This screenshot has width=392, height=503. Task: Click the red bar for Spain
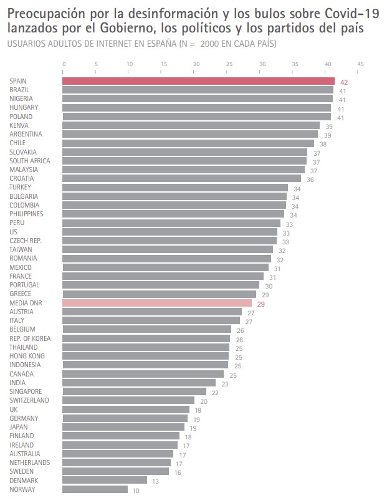click(x=198, y=81)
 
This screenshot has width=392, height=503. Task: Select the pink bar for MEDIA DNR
click(x=157, y=303)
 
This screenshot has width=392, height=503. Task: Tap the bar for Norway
click(x=95, y=489)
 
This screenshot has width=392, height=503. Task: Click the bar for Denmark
click(x=105, y=481)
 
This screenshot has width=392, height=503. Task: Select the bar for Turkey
click(x=174, y=188)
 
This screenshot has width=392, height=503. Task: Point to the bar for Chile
click(x=188, y=143)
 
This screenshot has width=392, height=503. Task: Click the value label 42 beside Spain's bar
click(x=343, y=82)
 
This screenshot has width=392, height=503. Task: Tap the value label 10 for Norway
click(x=136, y=491)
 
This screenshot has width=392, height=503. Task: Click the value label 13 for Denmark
click(x=155, y=481)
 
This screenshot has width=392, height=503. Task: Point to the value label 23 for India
click(x=224, y=384)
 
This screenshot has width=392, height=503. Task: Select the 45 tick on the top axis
click(x=360, y=64)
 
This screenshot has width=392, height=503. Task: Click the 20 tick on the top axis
click(x=196, y=64)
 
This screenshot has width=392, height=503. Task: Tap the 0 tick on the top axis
click(x=64, y=64)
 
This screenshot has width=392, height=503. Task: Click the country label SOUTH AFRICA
click(x=30, y=161)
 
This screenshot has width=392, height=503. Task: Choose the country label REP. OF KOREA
click(x=30, y=338)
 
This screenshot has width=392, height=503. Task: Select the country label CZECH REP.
click(x=26, y=241)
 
